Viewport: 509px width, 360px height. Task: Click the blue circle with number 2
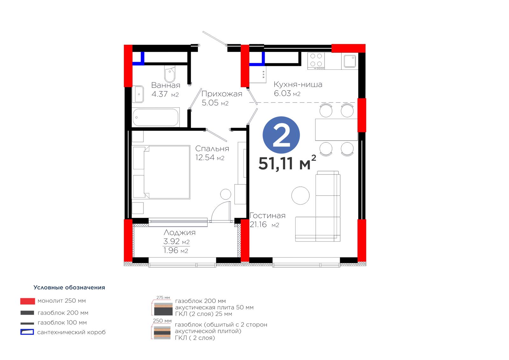coord(281,135)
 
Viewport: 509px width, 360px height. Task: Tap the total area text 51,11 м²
coord(287,163)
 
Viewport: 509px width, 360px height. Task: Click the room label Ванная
coord(166,85)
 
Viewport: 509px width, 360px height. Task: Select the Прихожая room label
coord(222,94)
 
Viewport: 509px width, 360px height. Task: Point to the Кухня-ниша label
coord(298,84)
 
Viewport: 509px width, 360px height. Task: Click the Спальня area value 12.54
coord(205,157)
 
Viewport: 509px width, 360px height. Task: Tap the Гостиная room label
coord(268,215)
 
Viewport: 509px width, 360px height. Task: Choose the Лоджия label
coord(179,232)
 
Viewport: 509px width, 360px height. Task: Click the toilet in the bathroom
coord(170,74)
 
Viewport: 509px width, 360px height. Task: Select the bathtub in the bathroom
coord(156,117)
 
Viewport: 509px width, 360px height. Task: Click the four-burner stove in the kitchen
coord(316,61)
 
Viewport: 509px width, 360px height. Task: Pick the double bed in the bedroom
coord(161,172)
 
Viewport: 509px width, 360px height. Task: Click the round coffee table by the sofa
coord(300,195)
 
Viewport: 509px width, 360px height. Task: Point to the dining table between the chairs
coord(336,130)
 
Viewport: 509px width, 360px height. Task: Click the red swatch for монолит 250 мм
coord(27,301)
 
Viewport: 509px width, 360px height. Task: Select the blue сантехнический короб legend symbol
coord(27,332)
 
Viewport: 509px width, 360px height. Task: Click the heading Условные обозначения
coord(69,287)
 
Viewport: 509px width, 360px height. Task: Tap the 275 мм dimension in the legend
coord(163,298)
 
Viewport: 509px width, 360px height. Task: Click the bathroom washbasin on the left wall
coord(138,94)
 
